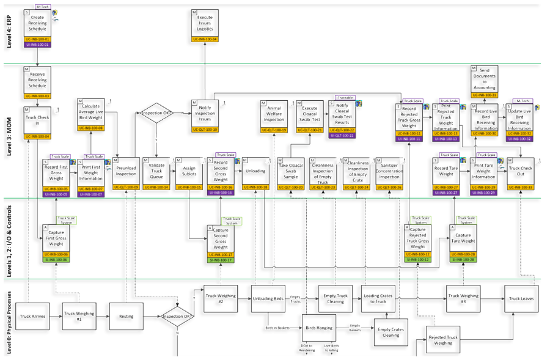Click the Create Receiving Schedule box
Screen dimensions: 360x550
point(37,24)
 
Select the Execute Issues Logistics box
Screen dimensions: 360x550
point(205,23)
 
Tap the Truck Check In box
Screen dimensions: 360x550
point(37,120)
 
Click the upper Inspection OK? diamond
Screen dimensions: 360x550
point(156,113)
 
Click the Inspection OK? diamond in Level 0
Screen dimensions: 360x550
point(177,316)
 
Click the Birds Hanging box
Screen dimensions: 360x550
point(320,328)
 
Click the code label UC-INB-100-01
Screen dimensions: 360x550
point(37,39)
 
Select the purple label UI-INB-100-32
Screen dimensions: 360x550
point(520,139)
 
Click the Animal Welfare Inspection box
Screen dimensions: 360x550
point(274,113)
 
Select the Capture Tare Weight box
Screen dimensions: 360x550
point(463,238)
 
